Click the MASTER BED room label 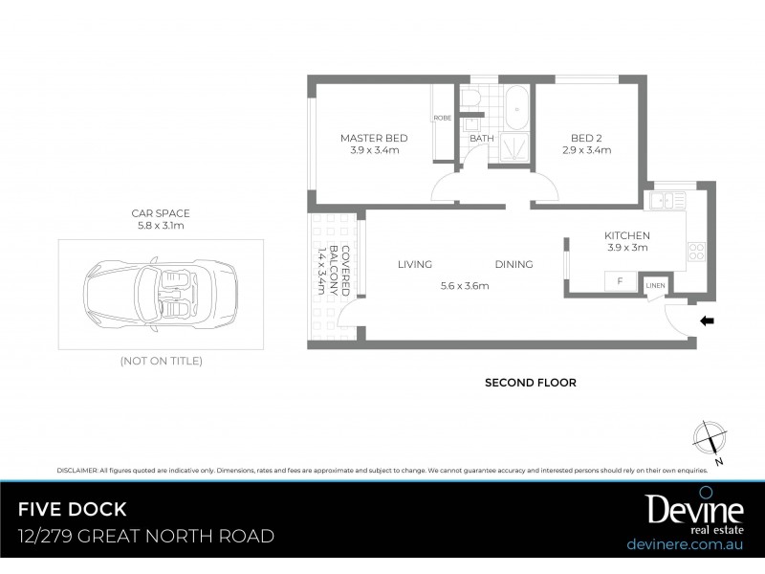(x=374, y=138)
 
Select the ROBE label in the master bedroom (x=442, y=118)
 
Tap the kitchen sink (x=662, y=201)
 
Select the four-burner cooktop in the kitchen (x=696, y=254)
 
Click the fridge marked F (x=621, y=281)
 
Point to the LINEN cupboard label (x=655, y=285)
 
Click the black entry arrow (x=708, y=321)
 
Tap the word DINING (x=514, y=265)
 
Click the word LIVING (x=415, y=265)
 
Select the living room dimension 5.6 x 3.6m (x=465, y=285)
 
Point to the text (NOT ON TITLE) (x=160, y=361)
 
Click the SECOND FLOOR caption (x=530, y=383)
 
